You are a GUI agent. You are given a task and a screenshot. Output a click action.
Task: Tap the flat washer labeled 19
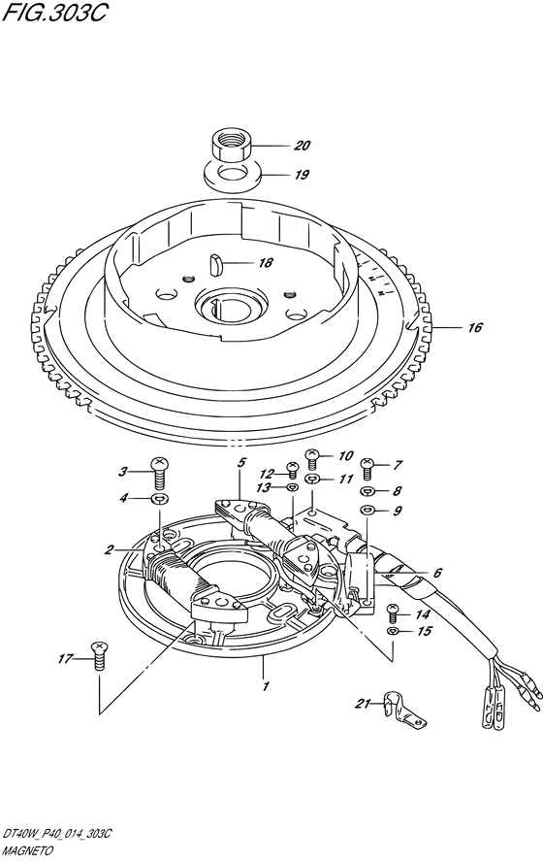pyautogui.click(x=233, y=175)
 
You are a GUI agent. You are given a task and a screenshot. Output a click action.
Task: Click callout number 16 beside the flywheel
pyautogui.click(x=475, y=327)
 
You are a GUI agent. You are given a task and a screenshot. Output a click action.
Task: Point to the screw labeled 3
pyautogui.click(x=160, y=470)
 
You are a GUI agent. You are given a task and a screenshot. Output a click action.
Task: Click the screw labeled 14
pyautogui.click(x=393, y=613)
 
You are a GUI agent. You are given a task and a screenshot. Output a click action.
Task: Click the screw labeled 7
pyautogui.click(x=367, y=469)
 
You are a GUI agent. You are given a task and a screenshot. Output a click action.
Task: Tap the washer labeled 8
pyautogui.click(x=367, y=491)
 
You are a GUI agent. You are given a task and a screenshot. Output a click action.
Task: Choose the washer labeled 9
pyautogui.click(x=367, y=511)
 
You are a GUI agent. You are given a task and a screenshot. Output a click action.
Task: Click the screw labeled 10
pyautogui.click(x=312, y=458)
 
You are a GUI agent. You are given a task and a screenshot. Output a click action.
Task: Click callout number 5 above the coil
pyautogui.click(x=241, y=462)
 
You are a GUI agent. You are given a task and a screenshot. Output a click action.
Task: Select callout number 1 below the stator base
pyautogui.click(x=266, y=686)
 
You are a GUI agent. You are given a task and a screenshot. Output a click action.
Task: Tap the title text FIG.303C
pyautogui.click(x=53, y=14)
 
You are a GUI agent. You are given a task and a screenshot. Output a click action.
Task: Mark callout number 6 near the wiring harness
pyautogui.click(x=437, y=573)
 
